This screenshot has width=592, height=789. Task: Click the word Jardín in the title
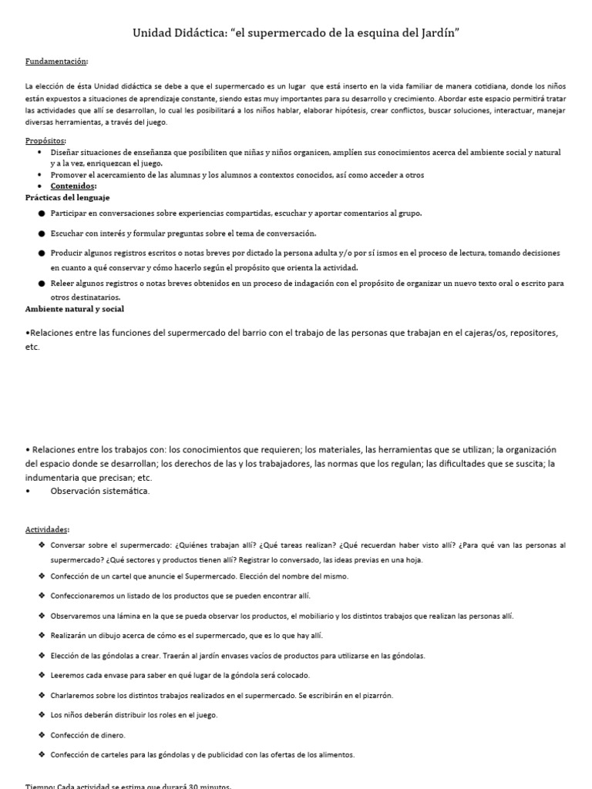[x=437, y=33]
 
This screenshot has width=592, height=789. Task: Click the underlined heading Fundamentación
[x=56, y=61]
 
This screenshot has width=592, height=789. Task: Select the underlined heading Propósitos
[x=45, y=141]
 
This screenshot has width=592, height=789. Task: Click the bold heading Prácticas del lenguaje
[x=68, y=197]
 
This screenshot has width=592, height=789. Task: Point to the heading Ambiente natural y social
[x=75, y=308]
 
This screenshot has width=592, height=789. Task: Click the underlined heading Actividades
[x=47, y=529]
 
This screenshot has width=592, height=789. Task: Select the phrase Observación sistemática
[x=100, y=491]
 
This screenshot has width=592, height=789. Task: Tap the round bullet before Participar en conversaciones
[x=41, y=213]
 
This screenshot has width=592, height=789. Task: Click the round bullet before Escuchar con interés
[x=41, y=233]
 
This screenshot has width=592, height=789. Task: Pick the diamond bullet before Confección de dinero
[x=41, y=735]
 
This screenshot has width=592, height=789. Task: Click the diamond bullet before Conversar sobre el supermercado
[x=41, y=545]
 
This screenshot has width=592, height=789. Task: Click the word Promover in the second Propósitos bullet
[x=69, y=175]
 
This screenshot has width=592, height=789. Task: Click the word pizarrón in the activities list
[x=375, y=695]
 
